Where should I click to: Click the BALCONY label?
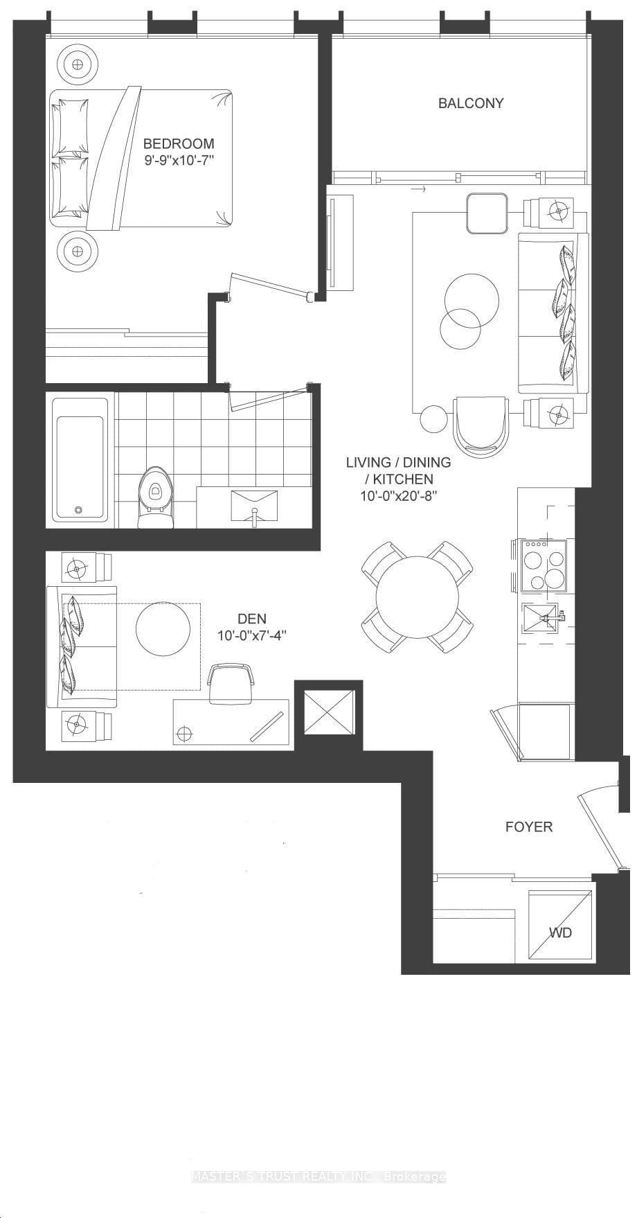point(471,103)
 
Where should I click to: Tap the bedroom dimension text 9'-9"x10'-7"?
point(179,160)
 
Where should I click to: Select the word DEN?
point(251,619)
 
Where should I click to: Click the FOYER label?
point(528,827)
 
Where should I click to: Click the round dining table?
point(418,596)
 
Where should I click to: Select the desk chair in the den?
point(231,682)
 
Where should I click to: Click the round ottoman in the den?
point(163,626)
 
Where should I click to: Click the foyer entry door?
point(600,828)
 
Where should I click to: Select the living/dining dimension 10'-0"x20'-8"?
point(398,496)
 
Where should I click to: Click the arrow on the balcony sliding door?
point(418,188)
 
